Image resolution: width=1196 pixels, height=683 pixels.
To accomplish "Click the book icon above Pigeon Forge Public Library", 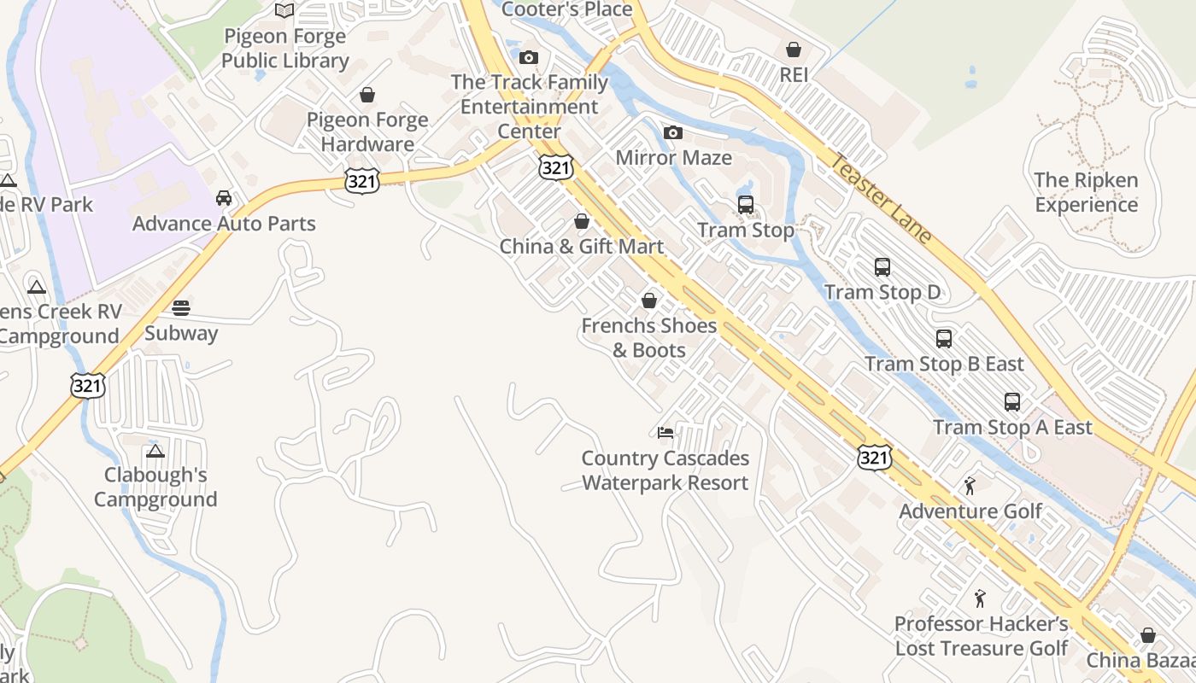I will pyautogui.click(x=284, y=10).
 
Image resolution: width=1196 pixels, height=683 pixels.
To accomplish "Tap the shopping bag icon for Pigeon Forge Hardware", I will pyautogui.click(x=367, y=94).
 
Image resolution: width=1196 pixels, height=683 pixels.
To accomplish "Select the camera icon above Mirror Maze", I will pyautogui.click(x=673, y=132).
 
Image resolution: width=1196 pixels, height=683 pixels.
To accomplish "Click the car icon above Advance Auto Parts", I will pyautogui.click(x=224, y=198).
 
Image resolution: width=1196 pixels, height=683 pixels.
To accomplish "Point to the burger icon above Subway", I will pyautogui.click(x=181, y=307).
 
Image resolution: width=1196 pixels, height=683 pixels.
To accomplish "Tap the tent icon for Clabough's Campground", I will pyautogui.click(x=155, y=450).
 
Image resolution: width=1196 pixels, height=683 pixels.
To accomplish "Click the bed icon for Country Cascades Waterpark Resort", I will pyautogui.click(x=665, y=432).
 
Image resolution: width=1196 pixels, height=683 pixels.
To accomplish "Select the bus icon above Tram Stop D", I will pyautogui.click(x=882, y=267).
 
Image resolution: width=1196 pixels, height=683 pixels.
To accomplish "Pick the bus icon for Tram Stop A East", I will pyautogui.click(x=1012, y=401).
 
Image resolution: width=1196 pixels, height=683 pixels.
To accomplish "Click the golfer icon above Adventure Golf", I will pyautogui.click(x=970, y=486).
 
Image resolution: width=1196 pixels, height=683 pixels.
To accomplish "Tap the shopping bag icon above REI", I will pyautogui.click(x=794, y=50).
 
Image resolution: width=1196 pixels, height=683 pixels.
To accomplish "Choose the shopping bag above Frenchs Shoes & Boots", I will pyautogui.click(x=649, y=301).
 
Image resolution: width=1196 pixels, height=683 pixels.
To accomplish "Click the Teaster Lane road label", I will pyautogui.click(x=881, y=199).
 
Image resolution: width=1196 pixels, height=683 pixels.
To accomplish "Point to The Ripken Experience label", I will pyautogui.click(x=1086, y=192).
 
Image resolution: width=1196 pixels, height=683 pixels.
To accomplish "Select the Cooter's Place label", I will pyautogui.click(x=567, y=9).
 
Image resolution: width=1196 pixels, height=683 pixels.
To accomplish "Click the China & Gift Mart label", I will pyautogui.click(x=582, y=247).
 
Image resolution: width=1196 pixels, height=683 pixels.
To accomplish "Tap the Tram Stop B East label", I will pyautogui.click(x=944, y=364).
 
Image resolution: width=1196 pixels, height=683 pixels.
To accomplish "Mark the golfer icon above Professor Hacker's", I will pyautogui.click(x=980, y=598).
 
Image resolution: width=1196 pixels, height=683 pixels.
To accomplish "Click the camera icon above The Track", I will pyautogui.click(x=529, y=57).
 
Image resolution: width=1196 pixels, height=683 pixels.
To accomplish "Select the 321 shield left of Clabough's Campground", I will pyautogui.click(x=87, y=385).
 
